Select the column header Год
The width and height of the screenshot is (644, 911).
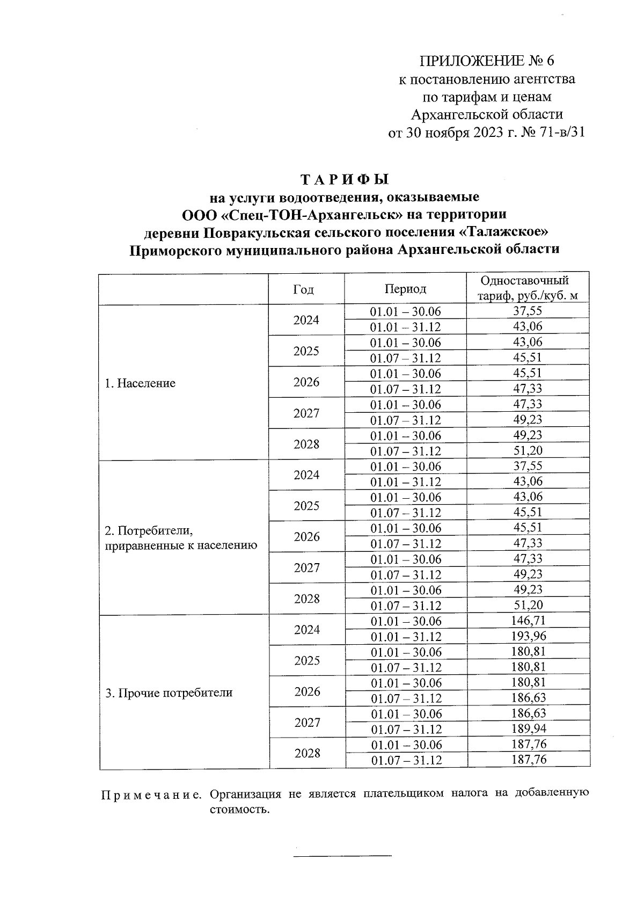pos(304,289)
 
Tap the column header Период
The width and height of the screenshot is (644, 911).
pos(405,289)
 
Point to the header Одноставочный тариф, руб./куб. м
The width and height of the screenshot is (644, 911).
pos(528,288)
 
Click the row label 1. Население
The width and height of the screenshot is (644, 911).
pos(140,383)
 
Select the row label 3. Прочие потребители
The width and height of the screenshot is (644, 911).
pos(169,693)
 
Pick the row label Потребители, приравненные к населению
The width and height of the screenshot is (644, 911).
pos(181,538)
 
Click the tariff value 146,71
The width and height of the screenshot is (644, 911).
pos(528,621)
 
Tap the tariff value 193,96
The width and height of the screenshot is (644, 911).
pos(528,636)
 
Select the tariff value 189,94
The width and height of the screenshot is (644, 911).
pos(528,729)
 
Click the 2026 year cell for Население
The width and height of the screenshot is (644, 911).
pos(306,382)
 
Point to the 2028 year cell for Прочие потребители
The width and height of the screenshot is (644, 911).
pos(307,753)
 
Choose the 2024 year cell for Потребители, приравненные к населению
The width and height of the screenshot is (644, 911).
pos(306,475)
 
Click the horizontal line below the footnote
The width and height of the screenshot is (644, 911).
pos(342,855)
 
